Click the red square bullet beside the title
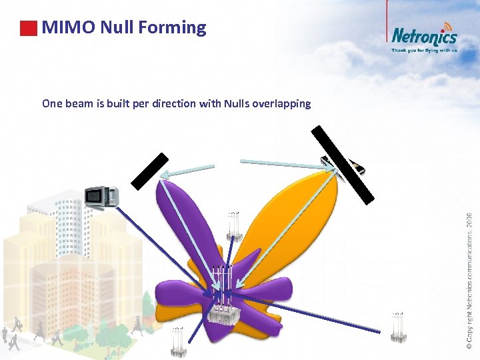point(28,29)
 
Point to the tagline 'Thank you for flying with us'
point(424,50)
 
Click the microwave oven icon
point(102,197)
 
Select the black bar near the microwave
point(149,171)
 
